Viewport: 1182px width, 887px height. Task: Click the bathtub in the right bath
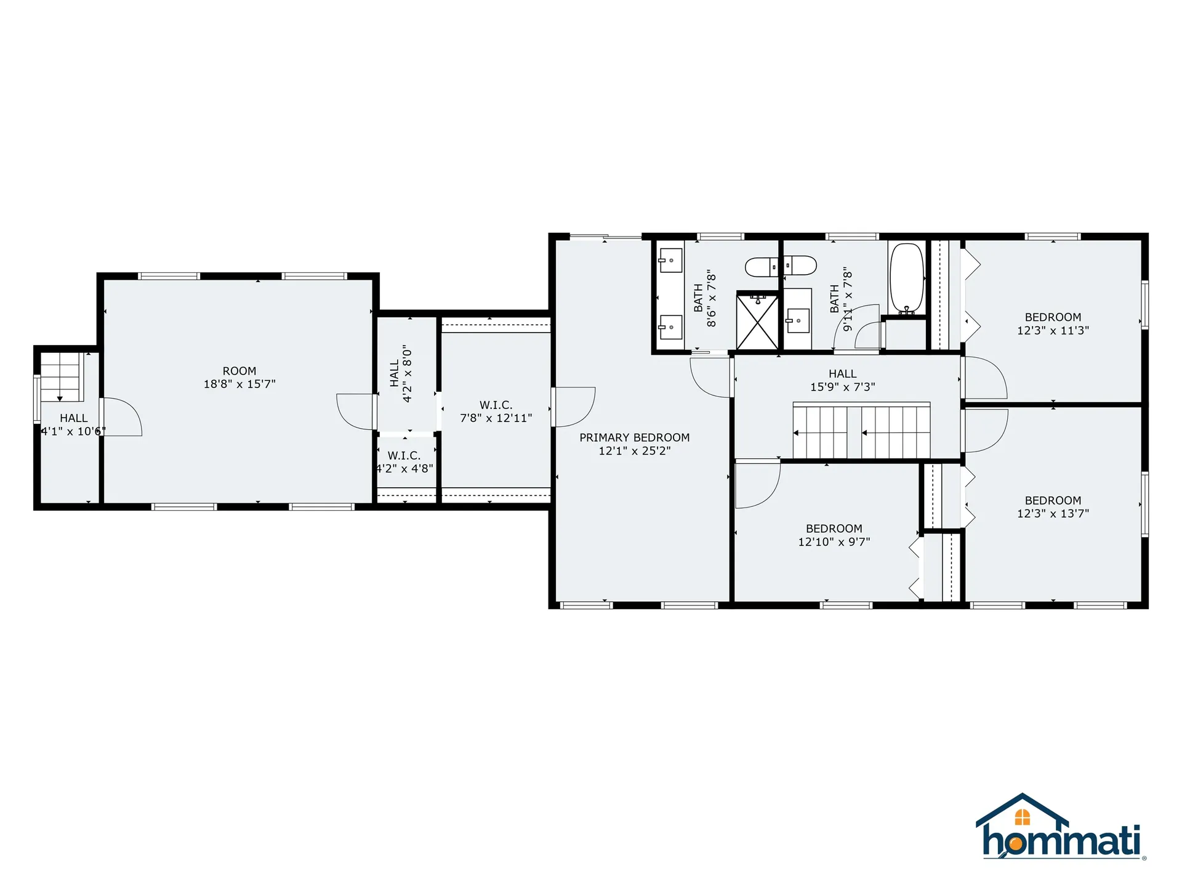click(x=907, y=278)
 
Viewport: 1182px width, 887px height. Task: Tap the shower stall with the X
click(x=757, y=322)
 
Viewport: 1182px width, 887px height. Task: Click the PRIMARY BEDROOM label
click(x=634, y=437)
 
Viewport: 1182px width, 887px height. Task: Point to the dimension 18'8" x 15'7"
click(x=239, y=384)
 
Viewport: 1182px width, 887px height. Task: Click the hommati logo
click(x=1060, y=828)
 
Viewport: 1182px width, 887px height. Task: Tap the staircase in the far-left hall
click(x=60, y=376)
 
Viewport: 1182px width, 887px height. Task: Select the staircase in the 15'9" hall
click(x=861, y=431)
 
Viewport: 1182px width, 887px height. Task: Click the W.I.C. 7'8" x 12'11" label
click(x=496, y=411)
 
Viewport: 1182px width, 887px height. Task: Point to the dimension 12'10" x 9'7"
click(x=834, y=542)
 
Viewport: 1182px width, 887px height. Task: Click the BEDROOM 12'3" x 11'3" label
click(x=1053, y=323)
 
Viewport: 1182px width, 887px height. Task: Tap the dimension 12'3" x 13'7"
click(x=1053, y=514)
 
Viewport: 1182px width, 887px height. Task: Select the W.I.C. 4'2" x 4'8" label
click(x=404, y=462)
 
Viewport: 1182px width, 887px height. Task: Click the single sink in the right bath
click(x=798, y=320)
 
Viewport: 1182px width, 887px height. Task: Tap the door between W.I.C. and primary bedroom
click(x=573, y=407)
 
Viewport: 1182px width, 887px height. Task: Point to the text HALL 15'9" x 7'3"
click(x=842, y=380)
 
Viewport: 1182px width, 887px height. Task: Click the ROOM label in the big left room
click(x=239, y=371)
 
